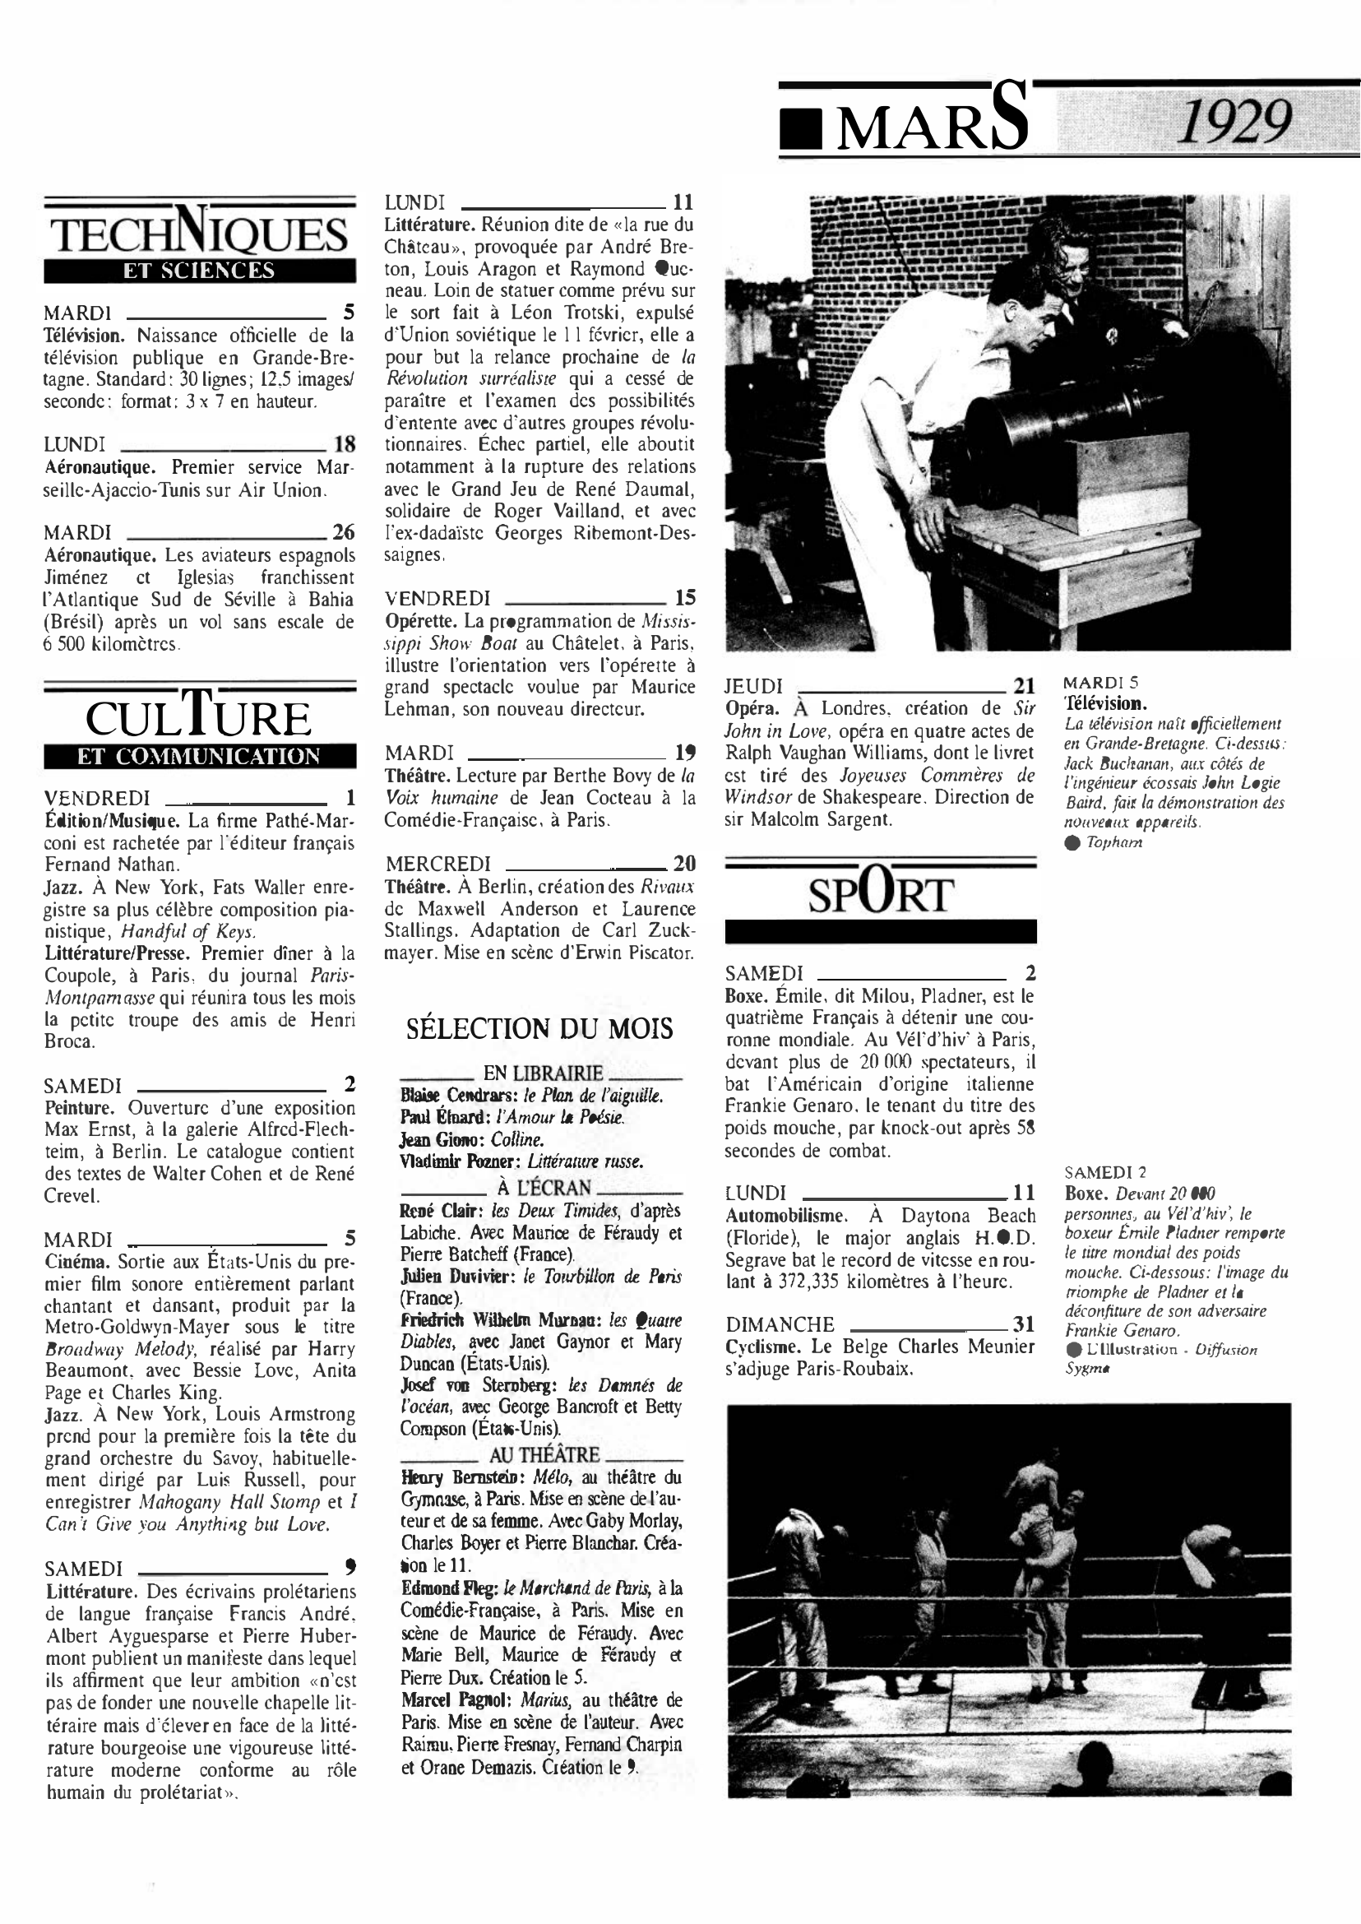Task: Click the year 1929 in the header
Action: click(1234, 123)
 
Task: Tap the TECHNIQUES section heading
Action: click(200, 233)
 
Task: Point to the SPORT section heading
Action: click(880, 893)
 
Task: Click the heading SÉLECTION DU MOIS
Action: click(539, 1029)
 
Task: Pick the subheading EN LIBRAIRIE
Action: click(543, 1073)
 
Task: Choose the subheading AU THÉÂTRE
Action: click(544, 1454)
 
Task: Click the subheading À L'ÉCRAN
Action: click(543, 1187)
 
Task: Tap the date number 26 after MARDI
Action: click(344, 532)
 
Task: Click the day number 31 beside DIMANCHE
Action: click(1024, 1324)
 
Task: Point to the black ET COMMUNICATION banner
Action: click(200, 756)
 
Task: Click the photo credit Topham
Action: click(1113, 842)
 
